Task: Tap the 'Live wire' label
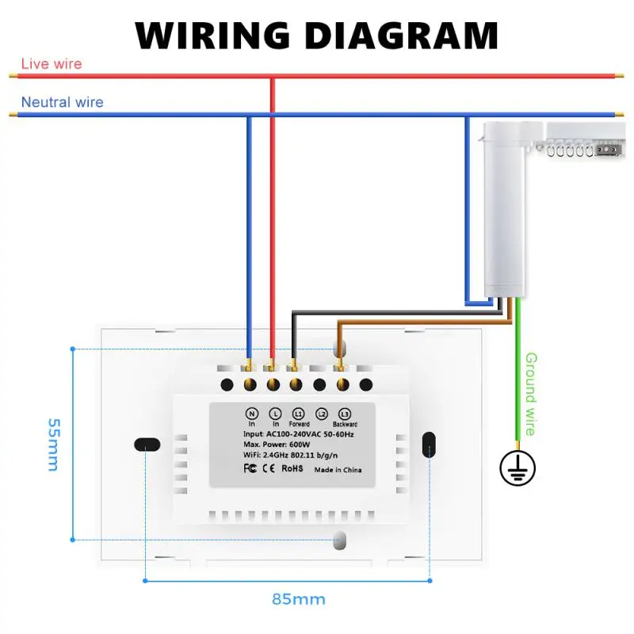[x=51, y=63]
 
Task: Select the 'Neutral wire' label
[x=62, y=102]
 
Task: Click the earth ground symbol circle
[x=518, y=468]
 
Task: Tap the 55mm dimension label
[x=52, y=445]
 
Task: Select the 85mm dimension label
[x=299, y=598]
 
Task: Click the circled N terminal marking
[x=252, y=414]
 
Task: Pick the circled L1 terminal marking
[x=298, y=414]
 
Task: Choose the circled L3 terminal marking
[x=344, y=414]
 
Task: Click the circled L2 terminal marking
[x=321, y=414]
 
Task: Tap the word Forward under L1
[x=299, y=425]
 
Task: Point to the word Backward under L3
[x=345, y=425]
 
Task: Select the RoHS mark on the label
[x=292, y=469]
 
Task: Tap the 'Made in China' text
[x=338, y=470]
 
